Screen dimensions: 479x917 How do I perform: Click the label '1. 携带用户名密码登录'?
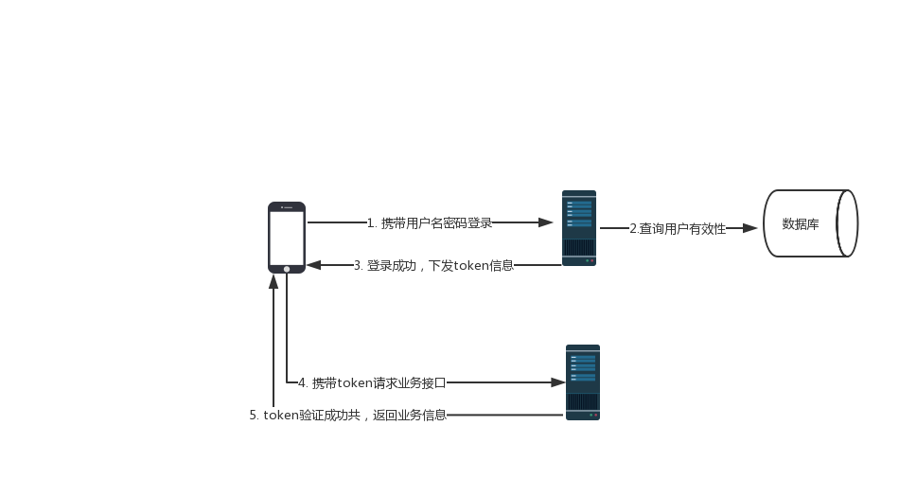[x=430, y=223]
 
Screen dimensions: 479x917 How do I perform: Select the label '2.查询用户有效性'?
[x=677, y=228]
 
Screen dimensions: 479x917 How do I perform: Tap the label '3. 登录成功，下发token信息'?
[x=433, y=265]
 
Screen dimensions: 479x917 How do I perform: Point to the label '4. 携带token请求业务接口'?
[x=372, y=382]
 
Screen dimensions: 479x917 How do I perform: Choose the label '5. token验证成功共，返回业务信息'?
[x=347, y=415]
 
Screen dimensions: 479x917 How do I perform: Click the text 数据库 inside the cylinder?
[x=801, y=224]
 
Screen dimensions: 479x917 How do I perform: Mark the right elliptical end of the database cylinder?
[x=846, y=223]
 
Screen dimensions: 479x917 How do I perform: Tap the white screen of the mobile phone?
[x=287, y=238]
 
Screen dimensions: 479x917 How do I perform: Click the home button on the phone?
[x=287, y=269]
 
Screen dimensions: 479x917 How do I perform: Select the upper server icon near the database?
[x=578, y=227]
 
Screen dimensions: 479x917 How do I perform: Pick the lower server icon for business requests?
[x=582, y=381]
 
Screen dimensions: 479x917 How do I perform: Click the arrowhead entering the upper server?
[x=546, y=222]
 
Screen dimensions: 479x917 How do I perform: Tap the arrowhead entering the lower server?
[x=557, y=382]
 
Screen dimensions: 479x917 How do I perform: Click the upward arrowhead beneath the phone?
[x=273, y=281]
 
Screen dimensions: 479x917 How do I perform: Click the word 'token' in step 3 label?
[x=471, y=265]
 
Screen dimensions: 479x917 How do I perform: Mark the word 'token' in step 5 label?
[x=281, y=415]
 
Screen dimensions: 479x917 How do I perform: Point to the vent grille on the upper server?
[x=577, y=247]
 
